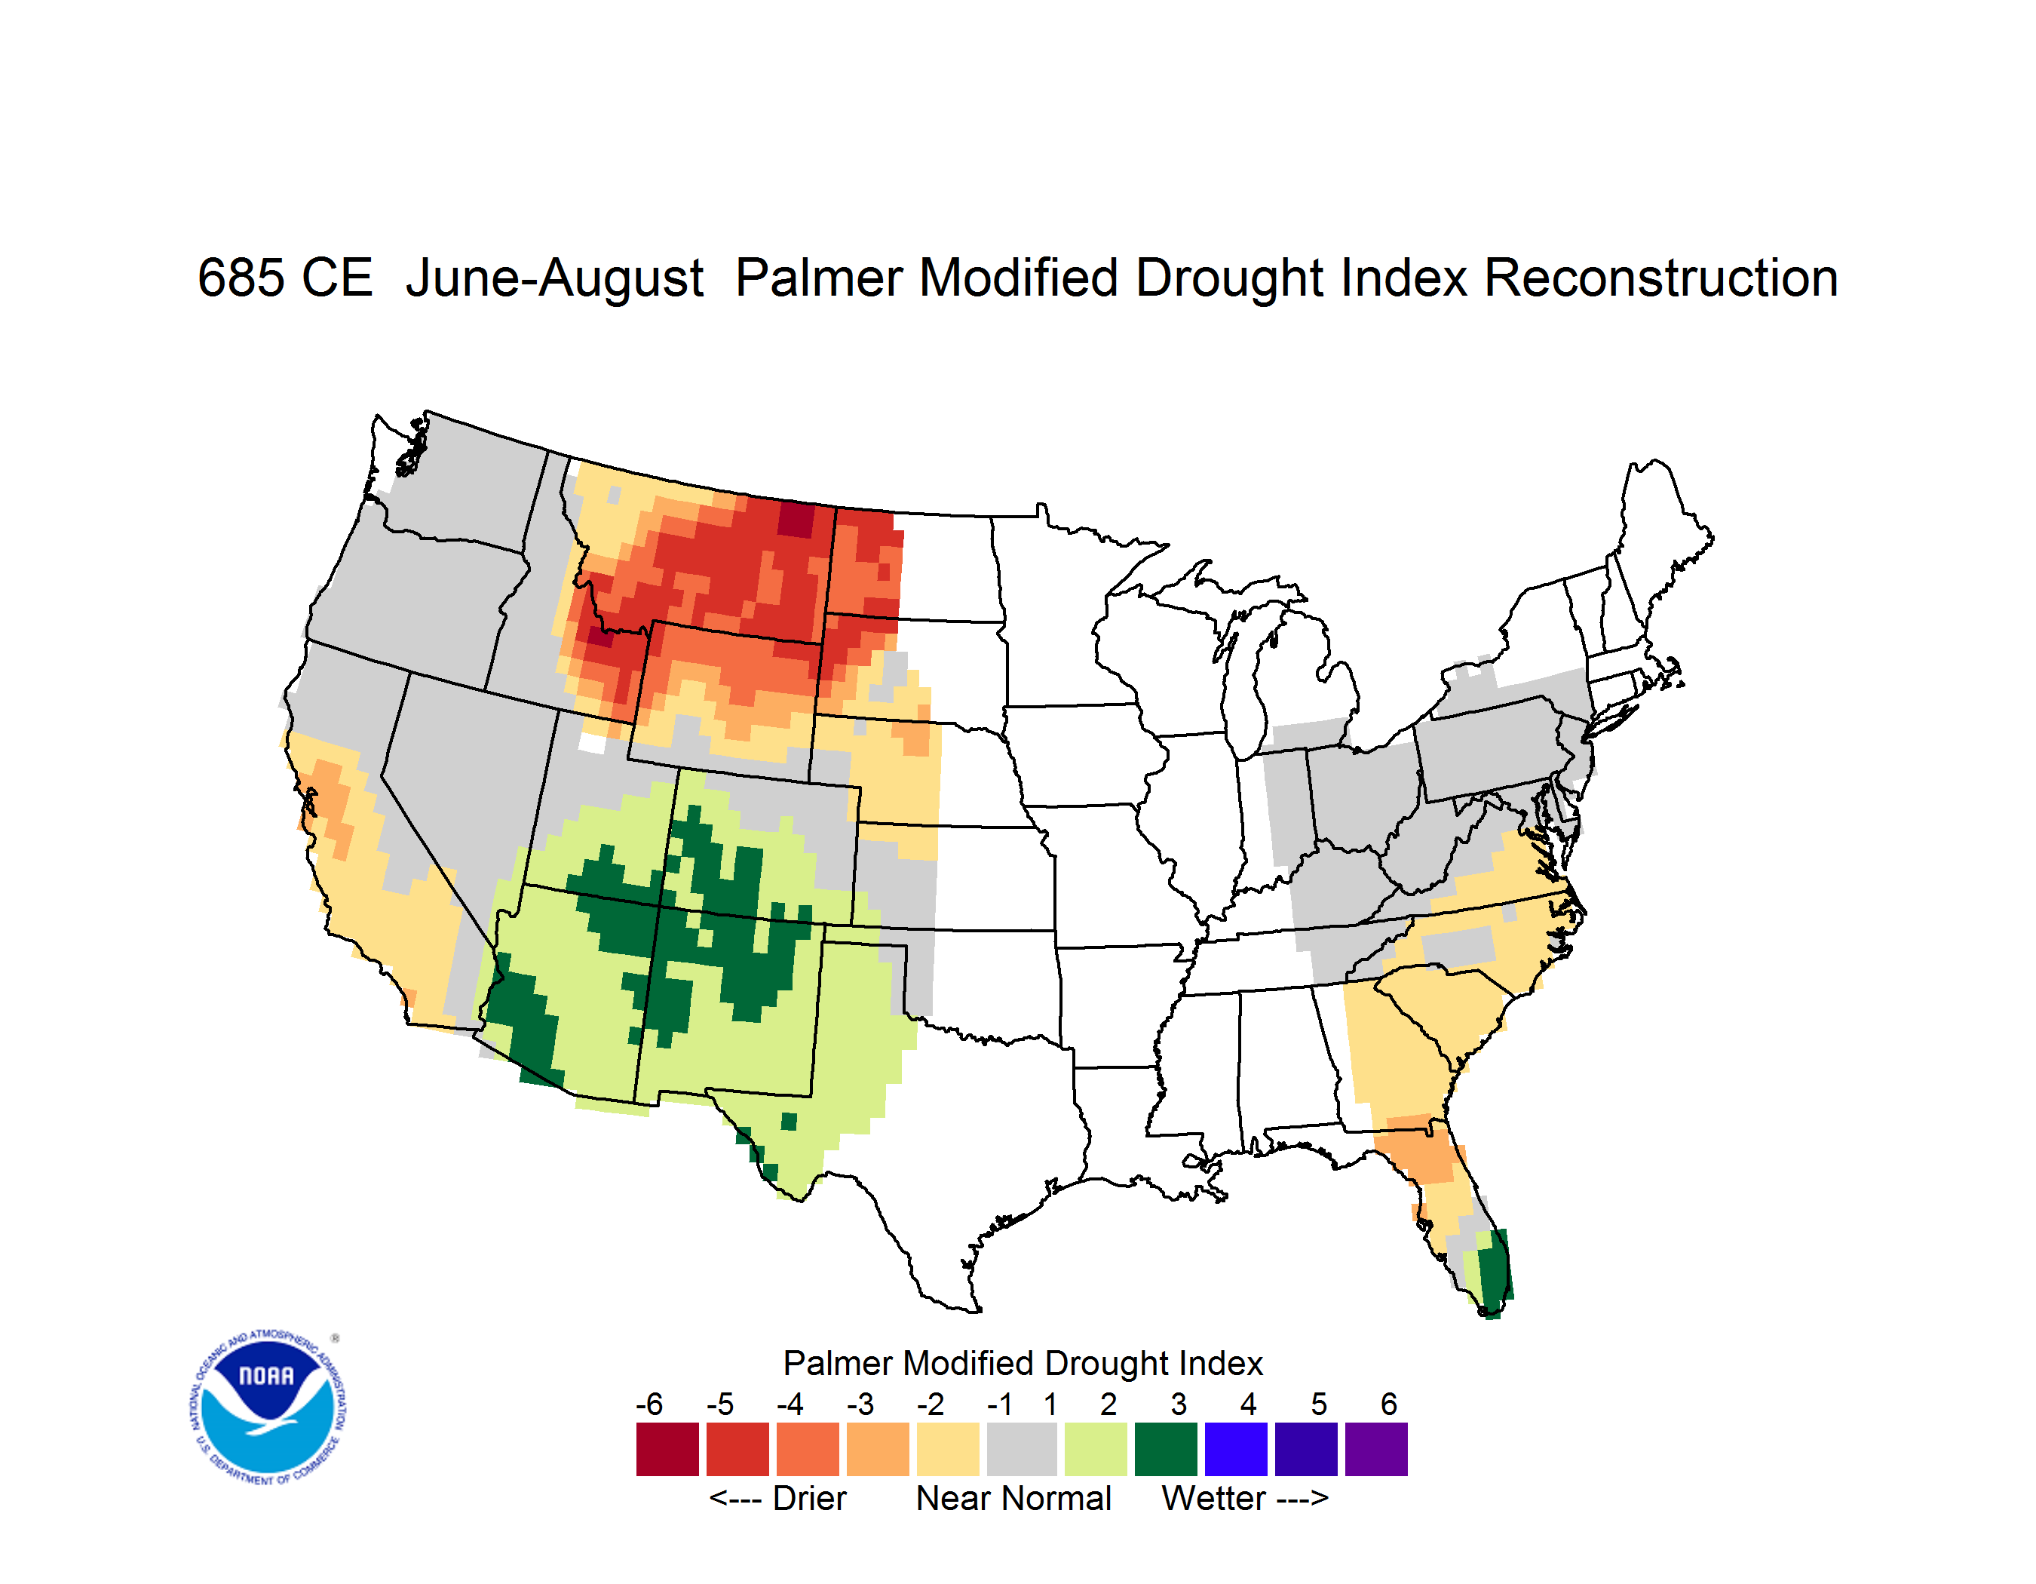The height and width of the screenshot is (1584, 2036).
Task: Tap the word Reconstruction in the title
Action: click(x=1660, y=278)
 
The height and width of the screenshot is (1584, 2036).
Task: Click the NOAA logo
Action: click(x=268, y=1407)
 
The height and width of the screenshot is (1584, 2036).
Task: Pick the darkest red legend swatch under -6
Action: click(x=667, y=1449)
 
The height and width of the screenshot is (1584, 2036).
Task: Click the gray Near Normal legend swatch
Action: click(x=1022, y=1449)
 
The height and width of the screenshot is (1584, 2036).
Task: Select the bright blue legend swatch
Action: click(x=1236, y=1449)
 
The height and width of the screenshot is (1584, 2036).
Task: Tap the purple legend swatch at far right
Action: click(x=1376, y=1449)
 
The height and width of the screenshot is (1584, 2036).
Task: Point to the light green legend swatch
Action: click(x=1096, y=1449)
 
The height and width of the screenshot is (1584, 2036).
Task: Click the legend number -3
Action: click(x=860, y=1404)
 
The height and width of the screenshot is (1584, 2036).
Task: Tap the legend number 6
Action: click(x=1389, y=1404)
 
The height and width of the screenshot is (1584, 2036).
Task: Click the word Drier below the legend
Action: click(x=809, y=1498)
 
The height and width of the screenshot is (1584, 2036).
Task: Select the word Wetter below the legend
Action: click(x=1214, y=1498)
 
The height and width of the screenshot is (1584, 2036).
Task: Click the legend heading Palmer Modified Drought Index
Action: click(x=1023, y=1363)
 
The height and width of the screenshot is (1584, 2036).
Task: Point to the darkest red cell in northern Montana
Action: click(x=796, y=519)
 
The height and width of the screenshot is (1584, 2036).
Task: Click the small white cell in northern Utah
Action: click(x=592, y=743)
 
